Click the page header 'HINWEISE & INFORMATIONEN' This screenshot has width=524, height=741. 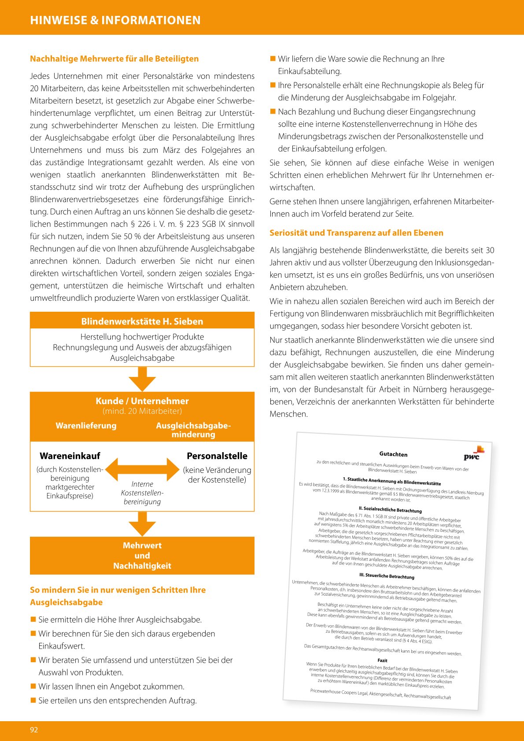click(115, 20)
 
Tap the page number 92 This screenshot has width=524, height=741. click(34, 730)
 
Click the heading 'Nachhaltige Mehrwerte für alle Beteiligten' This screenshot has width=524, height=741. click(114, 59)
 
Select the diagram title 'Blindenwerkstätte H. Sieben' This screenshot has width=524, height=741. click(142, 321)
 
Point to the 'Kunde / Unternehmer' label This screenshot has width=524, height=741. click(142, 401)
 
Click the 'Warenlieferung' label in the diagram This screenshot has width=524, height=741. click(86, 426)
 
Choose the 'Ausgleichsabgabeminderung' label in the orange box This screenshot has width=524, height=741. click(193, 430)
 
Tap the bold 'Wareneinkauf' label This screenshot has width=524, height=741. click(70, 456)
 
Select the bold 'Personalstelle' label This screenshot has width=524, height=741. click(217, 456)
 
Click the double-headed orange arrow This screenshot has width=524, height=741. click(142, 469)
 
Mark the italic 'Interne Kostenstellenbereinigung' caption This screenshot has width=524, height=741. click(142, 493)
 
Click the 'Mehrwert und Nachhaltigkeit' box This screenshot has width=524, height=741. click(142, 556)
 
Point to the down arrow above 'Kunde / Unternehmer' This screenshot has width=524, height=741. click(142, 379)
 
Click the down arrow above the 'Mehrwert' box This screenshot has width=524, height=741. click(142, 523)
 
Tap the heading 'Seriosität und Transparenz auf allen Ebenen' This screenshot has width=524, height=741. click(356, 233)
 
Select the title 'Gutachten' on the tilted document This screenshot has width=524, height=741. click(393, 454)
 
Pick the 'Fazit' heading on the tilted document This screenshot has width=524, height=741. click(382, 660)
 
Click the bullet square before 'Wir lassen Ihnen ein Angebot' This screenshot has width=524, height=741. click(33, 686)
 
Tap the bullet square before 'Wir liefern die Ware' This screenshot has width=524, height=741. click(273, 59)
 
